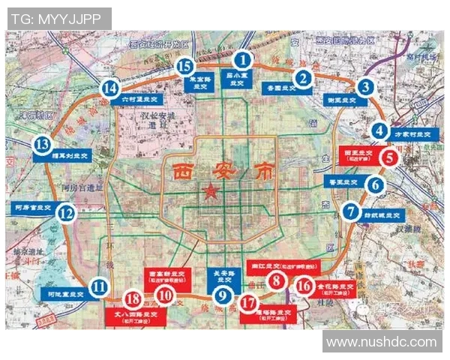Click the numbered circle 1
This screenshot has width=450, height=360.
(242, 58)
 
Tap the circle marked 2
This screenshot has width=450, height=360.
(303, 76)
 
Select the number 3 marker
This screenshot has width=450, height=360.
(365, 87)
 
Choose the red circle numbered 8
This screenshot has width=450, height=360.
(277, 282)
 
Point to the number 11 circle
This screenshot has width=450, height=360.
(100, 286)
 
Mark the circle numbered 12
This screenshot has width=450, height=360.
(67, 214)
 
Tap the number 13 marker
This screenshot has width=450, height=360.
(43, 145)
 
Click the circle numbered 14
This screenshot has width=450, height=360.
(110, 88)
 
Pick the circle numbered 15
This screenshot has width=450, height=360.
(184, 67)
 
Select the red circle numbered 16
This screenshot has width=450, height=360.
(304, 285)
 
